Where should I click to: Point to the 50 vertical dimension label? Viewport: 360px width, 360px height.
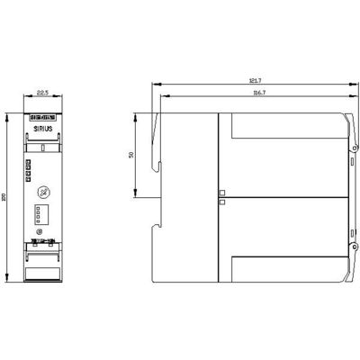pyautogui.click(x=131, y=155)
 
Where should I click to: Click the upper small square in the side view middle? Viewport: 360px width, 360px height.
pyautogui.click(x=222, y=193)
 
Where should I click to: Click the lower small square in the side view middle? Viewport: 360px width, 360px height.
pyautogui.click(x=222, y=202)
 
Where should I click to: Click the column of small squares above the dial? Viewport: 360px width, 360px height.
pyautogui.click(x=30, y=166)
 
